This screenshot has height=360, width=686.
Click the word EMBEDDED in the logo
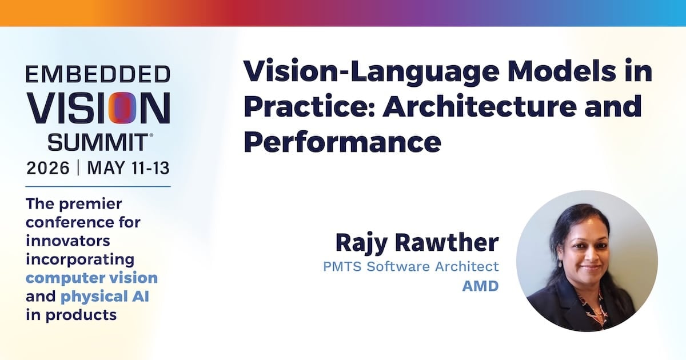[x=98, y=74]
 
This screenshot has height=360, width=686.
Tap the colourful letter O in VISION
[x=122, y=108]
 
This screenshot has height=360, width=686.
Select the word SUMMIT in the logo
[x=98, y=142]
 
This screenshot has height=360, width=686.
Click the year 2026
[x=48, y=168]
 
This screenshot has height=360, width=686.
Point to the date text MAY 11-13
[x=128, y=168]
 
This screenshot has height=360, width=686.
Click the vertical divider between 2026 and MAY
[x=78, y=168]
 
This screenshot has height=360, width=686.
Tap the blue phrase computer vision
[x=91, y=278]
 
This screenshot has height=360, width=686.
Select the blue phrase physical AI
[x=105, y=297]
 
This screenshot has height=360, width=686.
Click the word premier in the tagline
[x=90, y=204]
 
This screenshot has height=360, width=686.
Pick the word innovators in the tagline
[x=68, y=241]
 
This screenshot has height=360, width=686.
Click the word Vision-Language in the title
[x=372, y=72]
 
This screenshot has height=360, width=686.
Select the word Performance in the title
[x=342, y=142]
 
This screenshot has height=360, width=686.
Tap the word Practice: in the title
[x=310, y=106]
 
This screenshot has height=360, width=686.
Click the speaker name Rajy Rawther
[x=417, y=242]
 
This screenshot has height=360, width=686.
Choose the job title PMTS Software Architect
[x=411, y=266]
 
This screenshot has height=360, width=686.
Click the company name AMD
[x=481, y=286]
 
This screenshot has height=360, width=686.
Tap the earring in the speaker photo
[x=560, y=263]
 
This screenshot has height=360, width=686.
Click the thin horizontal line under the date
[x=98, y=186]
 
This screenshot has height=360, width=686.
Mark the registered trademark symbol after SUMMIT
[x=151, y=135]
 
